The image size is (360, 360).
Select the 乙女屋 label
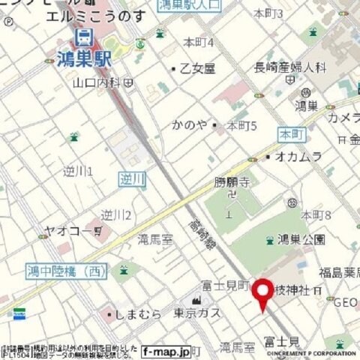pos(197,68)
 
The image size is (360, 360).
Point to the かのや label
pos(188,124)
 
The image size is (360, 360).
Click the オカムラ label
pos(298,156)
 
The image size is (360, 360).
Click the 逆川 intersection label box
pos(132,178)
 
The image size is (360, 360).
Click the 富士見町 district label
pos(224,285)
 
